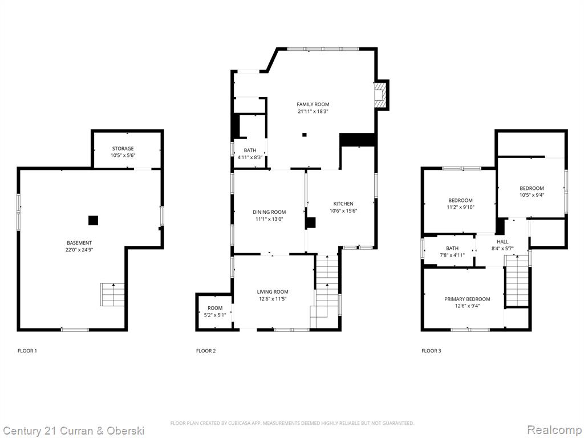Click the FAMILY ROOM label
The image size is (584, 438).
click(313, 104)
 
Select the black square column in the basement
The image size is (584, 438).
click(93, 221)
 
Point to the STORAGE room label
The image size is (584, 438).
click(123, 149)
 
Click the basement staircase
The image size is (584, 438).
click(112, 295)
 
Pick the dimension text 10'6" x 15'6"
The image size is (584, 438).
click(343, 211)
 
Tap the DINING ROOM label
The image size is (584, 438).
click(269, 212)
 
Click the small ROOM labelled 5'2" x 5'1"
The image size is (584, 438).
click(215, 311)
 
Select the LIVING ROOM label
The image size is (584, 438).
click(273, 292)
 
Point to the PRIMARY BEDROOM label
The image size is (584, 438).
click(467, 299)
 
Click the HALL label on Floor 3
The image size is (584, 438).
click(502, 242)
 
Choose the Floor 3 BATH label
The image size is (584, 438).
click(452, 249)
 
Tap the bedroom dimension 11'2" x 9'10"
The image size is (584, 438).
click(461, 208)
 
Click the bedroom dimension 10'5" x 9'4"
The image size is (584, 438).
click(532, 195)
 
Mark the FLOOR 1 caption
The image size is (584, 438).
click(27, 351)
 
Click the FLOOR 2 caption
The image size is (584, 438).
click(206, 351)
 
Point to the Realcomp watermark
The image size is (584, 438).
click(554, 430)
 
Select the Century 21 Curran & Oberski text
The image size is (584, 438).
click(74, 431)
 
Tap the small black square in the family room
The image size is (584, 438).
click(305, 135)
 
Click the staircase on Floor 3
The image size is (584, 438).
click(517, 281)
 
